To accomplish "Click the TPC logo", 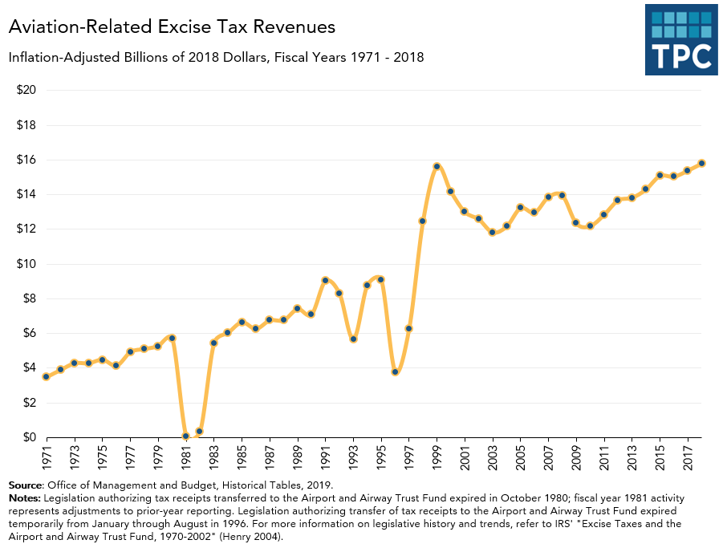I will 680,39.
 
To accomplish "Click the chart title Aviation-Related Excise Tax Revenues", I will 171,27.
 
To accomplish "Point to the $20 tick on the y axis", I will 26,90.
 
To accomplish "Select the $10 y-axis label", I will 26,264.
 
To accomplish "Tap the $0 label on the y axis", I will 29,437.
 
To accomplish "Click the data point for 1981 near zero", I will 185,436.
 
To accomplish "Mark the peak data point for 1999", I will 437,166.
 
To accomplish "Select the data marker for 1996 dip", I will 395,371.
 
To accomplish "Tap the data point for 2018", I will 701,163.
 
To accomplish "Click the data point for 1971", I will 47,376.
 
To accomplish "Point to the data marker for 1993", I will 353,339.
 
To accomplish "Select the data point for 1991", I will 325,280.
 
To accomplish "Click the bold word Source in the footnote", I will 26,485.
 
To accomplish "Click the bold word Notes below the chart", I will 24,497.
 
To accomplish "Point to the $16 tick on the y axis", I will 26,160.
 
